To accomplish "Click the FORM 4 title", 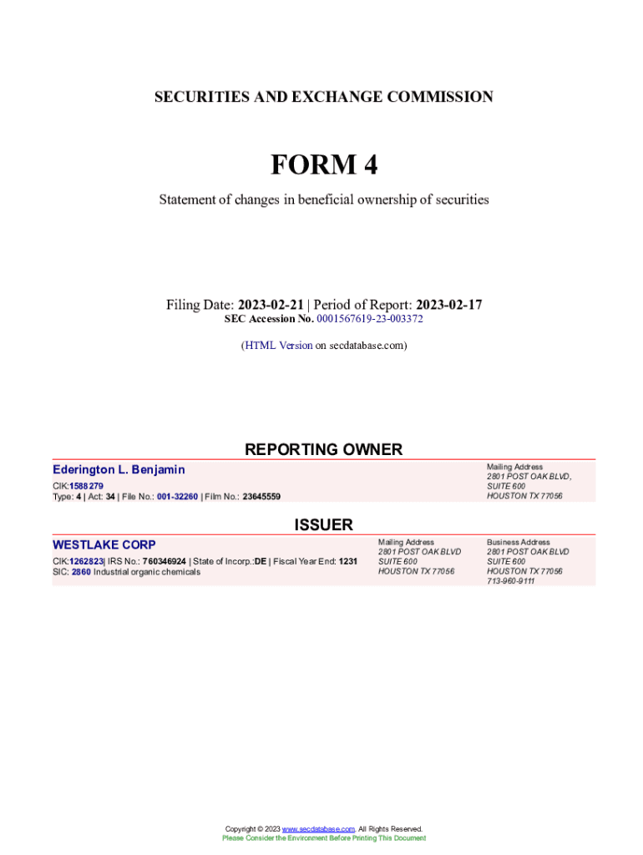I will pos(323,165).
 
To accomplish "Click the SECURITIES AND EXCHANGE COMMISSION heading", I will pos(323,97).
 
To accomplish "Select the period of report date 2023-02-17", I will pos(448,305).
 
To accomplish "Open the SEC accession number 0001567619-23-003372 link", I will pos(370,319).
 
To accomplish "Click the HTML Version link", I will pos(278,345).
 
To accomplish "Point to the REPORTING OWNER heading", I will pos(323,449).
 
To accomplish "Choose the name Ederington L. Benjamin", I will pos(119,470).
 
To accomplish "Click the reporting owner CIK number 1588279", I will pos(87,486).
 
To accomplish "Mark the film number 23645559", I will pos(261,496).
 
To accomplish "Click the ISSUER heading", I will pos(323,524).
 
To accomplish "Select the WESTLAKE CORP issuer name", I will pos(104,545).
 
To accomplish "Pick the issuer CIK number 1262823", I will pos(86,561).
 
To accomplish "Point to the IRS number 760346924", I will pos(164,561).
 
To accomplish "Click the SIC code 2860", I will pos(81,572).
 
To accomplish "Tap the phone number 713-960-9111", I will pos(511,581).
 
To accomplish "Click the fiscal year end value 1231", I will pos(348,561).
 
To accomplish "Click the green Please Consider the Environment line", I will pos(323,837).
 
